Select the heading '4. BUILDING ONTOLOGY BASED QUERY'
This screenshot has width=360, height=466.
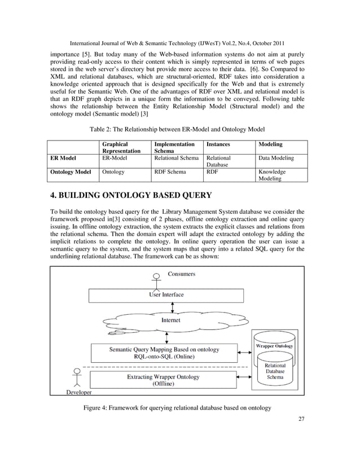(131, 196)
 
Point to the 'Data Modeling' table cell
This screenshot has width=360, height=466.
(275, 159)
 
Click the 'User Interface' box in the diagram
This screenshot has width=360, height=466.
(166, 294)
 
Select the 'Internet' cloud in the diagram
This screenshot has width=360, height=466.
(171, 320)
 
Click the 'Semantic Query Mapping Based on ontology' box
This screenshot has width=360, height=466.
(164, 353)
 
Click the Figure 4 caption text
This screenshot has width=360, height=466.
(177, 407)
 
